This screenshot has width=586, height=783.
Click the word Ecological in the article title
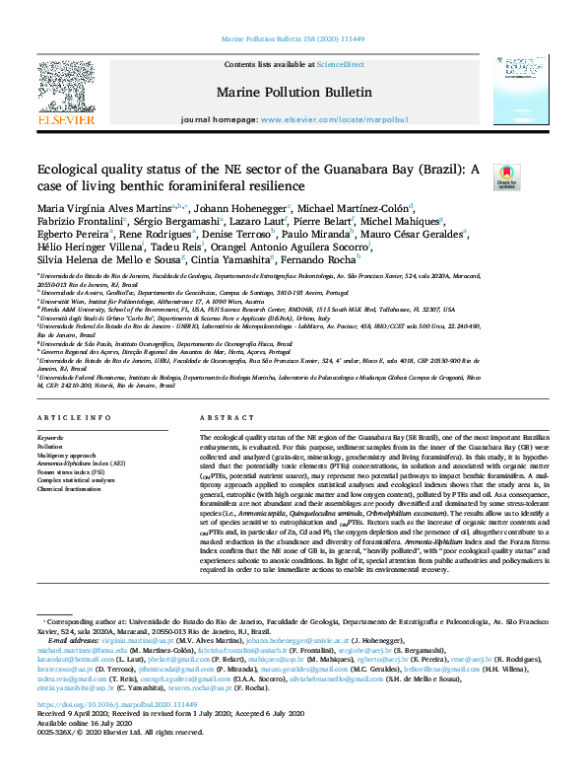pos(70,170)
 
